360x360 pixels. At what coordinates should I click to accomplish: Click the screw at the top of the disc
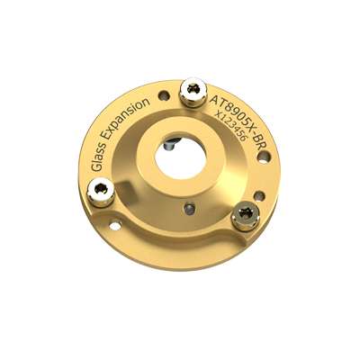pyautogui.click(x=193, y=89)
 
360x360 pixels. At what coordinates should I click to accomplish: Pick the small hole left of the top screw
pyautogui.click(x=162, y=94)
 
